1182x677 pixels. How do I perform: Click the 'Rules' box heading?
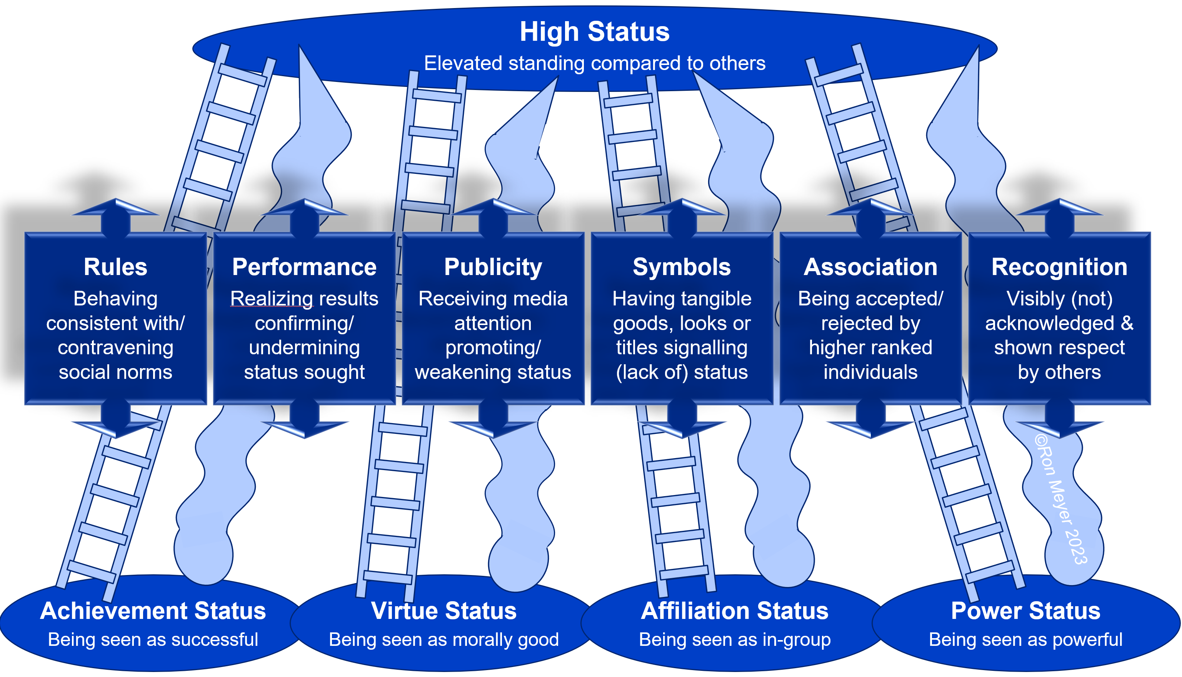tap(115, 267)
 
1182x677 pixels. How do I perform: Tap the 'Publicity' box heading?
tap(493, 267)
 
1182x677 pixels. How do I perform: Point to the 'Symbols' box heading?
tap(682, 267)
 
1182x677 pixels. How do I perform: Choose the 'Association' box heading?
tap(870, 267)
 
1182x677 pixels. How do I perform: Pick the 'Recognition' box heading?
tap(1059, 267)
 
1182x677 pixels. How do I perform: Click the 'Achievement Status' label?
tap(153, 610)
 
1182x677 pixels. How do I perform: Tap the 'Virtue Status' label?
tap(443, 610)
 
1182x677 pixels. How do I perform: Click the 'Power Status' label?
tap(1025, 610)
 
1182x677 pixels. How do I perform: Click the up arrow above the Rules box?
tap(115, 214)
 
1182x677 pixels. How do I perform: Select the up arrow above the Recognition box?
tap(1059, 214)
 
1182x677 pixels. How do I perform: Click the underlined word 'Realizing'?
tap(272, 298)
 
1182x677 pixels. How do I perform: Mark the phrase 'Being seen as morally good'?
tap(443, 640)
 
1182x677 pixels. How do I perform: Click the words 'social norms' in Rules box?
tap(115, 372)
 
